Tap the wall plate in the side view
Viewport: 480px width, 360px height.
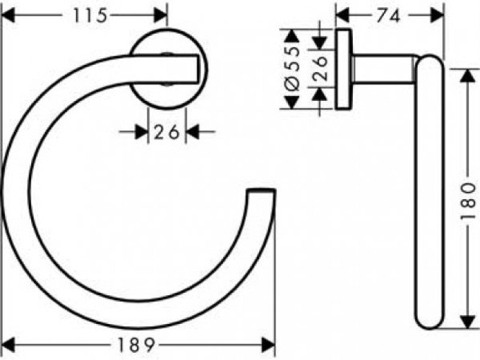point(344,69)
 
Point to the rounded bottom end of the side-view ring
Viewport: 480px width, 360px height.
point(429,318)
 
